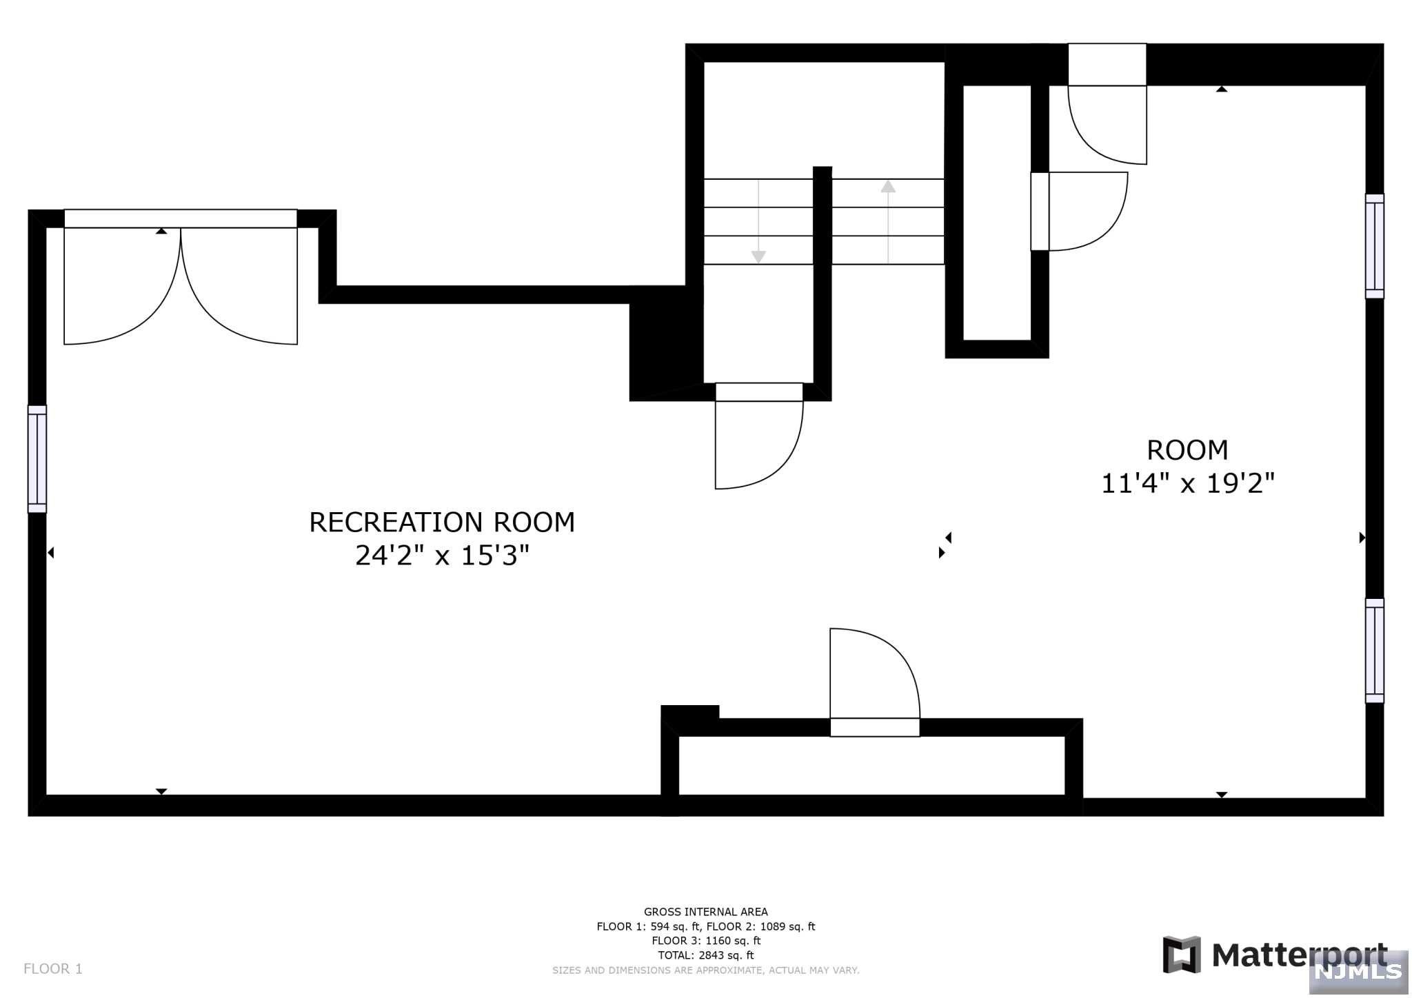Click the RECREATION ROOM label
442,522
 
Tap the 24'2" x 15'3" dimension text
442,556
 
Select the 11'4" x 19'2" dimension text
1187,483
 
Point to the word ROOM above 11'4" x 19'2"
1187,450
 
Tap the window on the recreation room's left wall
37,459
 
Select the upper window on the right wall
1374,246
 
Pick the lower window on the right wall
1374,651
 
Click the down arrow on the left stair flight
758,221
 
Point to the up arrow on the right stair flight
888,221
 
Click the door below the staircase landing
759,436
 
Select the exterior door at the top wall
1107,104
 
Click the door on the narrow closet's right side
1079,211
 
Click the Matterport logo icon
1182,955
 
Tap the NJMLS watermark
1359,971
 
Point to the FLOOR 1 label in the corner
53,969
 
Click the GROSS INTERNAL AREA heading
706,912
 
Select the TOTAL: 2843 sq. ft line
706,955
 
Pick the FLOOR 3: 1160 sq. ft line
706,941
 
